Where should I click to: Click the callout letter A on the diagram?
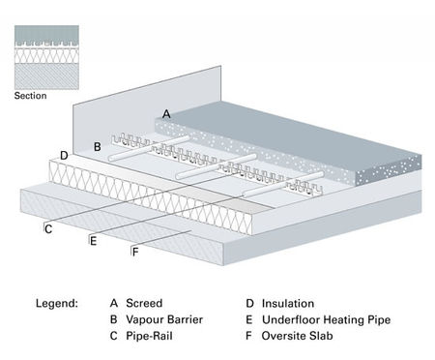click(x=166, y=114)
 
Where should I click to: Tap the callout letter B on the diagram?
click(x=97, y=147)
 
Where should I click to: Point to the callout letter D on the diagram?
click(x=64, y=155)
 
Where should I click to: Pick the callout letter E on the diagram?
click(x=93, y=240)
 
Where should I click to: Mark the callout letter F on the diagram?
click(x=135, y=252)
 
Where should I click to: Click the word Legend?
click(x=56, y=303)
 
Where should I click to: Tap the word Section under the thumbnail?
click(x=31, y=96)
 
